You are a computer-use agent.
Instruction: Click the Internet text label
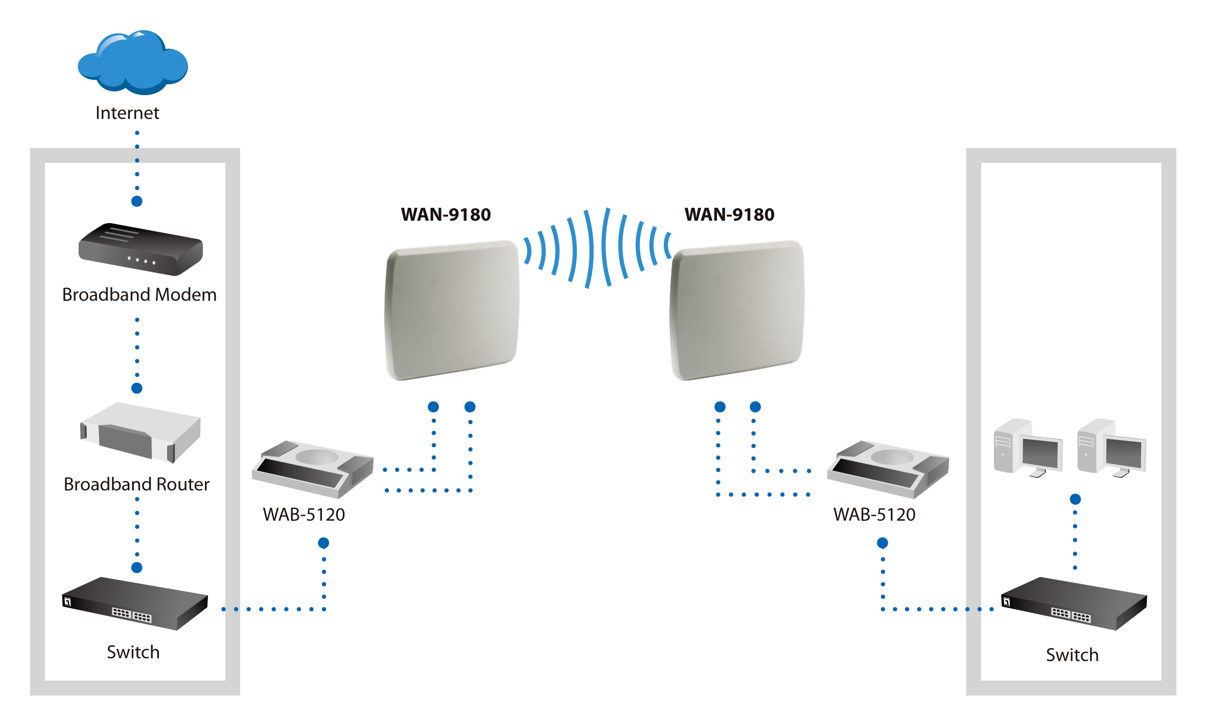(127, 113)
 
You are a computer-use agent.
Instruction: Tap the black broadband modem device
(140, 249)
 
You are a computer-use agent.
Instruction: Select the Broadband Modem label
(139, 295)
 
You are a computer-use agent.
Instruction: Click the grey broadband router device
(140, 432)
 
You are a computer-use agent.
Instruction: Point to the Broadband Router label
(136, 484)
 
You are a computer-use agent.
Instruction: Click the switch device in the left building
(135, 604)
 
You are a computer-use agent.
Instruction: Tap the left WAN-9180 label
(446, 214)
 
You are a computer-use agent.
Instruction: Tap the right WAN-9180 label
(729, 214)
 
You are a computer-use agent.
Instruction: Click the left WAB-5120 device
(312, 469)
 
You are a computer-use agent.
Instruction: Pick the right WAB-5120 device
(888, 469)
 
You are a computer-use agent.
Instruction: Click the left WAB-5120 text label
(304, 515)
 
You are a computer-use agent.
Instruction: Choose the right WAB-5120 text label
(874, 515)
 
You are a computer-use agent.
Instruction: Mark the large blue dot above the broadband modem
(137, 201)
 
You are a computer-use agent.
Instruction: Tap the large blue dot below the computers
(1075, 499)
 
